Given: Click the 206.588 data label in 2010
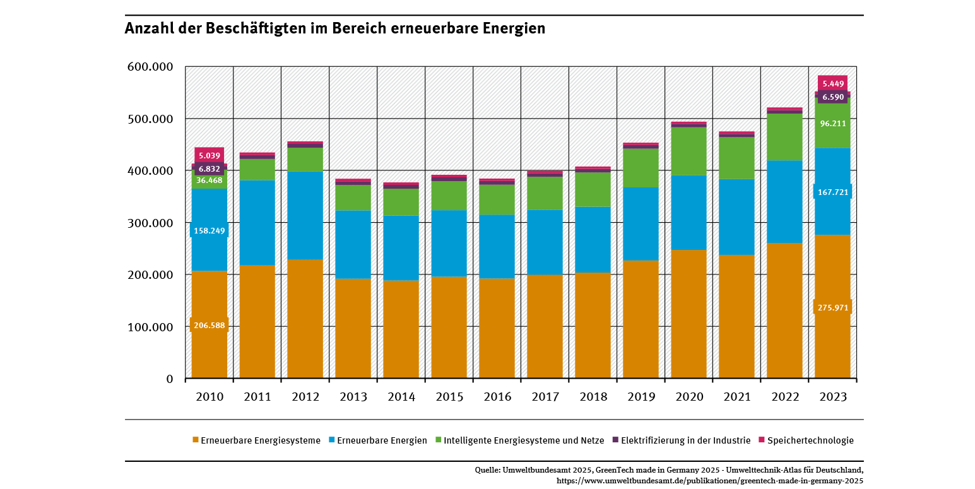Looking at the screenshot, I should pos(209,326).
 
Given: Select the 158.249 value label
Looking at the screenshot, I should pos(209,231).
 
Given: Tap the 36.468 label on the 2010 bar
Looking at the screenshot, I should pos(209,180).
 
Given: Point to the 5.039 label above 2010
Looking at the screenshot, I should pos(209,155).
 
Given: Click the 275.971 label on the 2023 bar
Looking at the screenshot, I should pos(832,307).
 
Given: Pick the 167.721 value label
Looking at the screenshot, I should pos(832,192).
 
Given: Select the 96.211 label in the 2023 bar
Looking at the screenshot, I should pos(832,124).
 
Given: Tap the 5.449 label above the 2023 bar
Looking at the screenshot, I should pos(832,84).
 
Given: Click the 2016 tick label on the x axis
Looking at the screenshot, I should pos(497,398).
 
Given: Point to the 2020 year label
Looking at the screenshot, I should pos(689,398).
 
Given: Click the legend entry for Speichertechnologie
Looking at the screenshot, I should pos(810,440).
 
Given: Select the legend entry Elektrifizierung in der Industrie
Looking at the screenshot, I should pos(685,440).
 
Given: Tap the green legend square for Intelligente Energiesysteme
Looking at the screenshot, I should pos(438,440).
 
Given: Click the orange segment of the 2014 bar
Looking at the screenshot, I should pos(401,328).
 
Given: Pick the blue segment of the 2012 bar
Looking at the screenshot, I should pos(305,215).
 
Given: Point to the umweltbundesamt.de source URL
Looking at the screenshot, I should pos(709,480).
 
